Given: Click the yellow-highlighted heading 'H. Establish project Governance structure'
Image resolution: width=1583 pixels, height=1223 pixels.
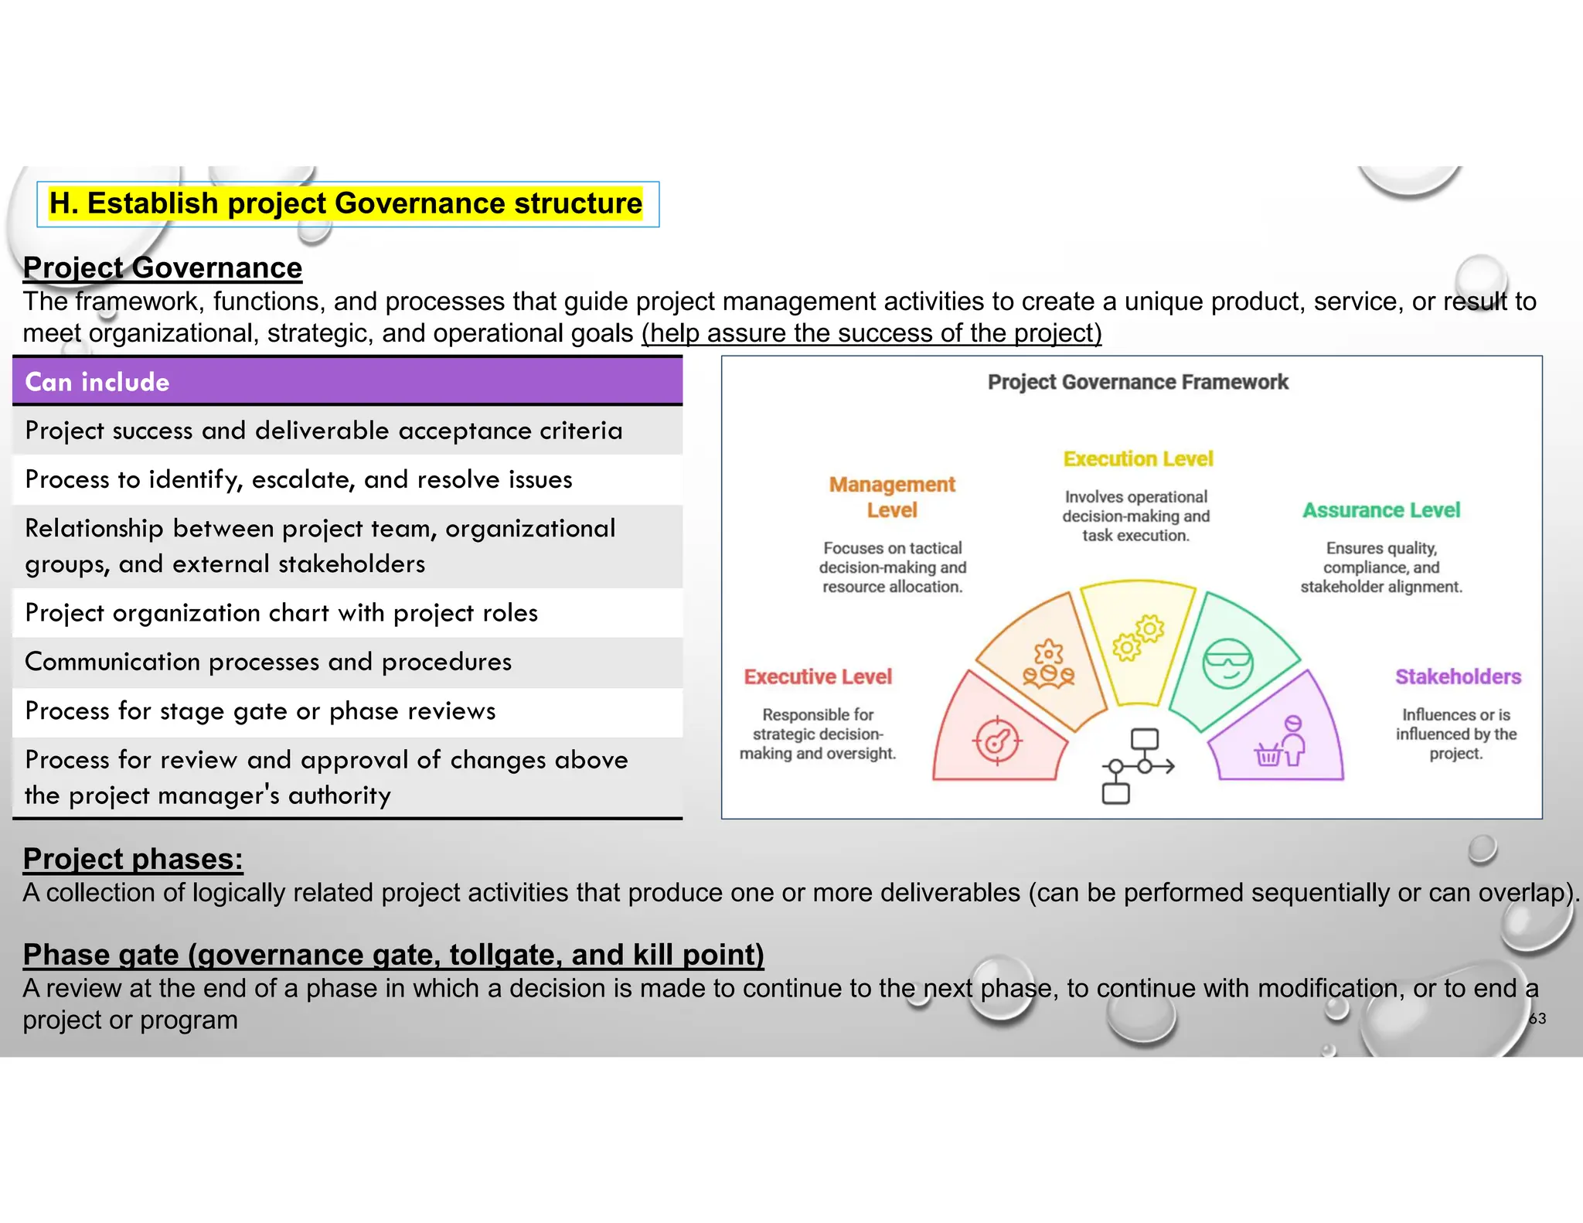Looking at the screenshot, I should click(346, 204).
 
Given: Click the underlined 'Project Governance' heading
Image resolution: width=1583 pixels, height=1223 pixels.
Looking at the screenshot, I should click(162, 268).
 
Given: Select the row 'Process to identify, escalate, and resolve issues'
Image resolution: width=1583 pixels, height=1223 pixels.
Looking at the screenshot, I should click(298, 480).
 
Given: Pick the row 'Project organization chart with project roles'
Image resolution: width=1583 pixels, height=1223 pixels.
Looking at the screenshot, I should click(281, 613).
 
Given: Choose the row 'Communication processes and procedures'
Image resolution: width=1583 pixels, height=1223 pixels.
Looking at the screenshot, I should click(268, 663).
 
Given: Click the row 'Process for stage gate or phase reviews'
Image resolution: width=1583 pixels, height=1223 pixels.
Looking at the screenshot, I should click(260, 711).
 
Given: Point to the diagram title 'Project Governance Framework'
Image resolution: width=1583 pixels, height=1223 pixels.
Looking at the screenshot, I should click(1138, 383).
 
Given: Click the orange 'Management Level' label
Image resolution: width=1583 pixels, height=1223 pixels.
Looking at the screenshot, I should click(892, 497).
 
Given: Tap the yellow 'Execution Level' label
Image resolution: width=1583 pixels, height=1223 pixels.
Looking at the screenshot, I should click(1138, 459).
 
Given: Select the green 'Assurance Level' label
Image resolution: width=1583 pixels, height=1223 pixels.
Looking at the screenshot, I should click(1381, 510).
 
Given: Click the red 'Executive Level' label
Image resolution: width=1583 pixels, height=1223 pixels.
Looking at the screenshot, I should click(818, 677).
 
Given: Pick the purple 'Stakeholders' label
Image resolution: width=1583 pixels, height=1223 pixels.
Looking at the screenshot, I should click(1458, 677).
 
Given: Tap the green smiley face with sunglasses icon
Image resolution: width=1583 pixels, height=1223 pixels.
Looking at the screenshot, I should click(1227, 663).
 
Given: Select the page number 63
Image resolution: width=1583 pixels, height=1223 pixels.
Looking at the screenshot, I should click(1537, 1019).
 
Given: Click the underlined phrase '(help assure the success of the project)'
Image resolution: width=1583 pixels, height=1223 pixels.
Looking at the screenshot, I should click(871, 334).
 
